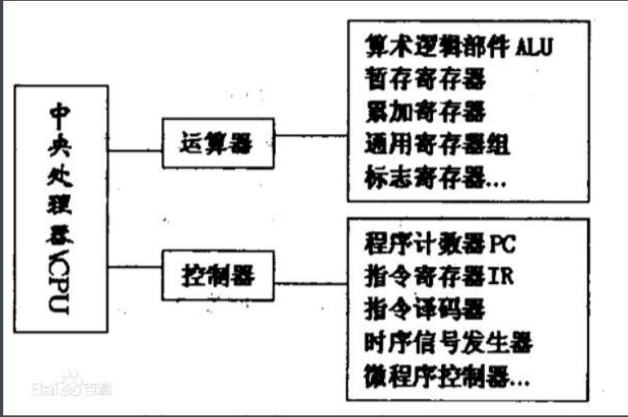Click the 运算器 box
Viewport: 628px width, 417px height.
click(x=214, y=146)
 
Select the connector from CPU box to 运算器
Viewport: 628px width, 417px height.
click(x=135, y=149)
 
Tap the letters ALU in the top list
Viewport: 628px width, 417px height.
click(x=535, y=47)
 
